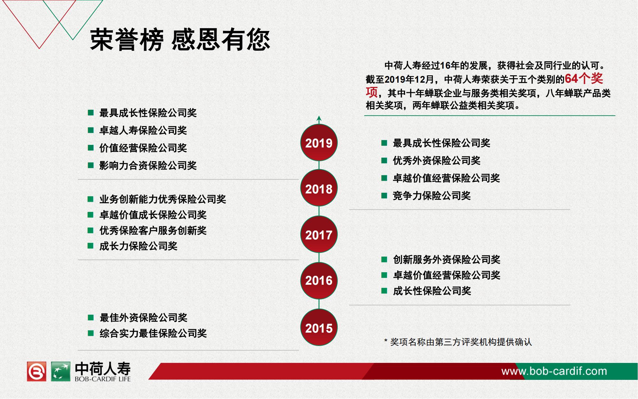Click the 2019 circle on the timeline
(319, 143)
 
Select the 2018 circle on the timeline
(319, 188)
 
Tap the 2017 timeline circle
(319, 235)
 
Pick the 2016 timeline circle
(319, 281)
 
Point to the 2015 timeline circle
(319, 327)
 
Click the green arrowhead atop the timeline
(319, 118)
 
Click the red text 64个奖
(584, 79)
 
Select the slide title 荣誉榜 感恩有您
(180, 40)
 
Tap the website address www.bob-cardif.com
(554, 371)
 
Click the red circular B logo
(36, 371)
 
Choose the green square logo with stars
(61, 371)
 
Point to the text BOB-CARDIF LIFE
(103, 379)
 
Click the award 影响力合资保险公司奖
(148, 165)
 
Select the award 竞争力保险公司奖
(432, 195)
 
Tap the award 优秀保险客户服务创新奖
(153, 230)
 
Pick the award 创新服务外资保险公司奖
(447, 259)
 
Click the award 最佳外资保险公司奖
(143, 317)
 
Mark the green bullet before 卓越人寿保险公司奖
(91, 130)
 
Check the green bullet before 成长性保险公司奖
(384, 291)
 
